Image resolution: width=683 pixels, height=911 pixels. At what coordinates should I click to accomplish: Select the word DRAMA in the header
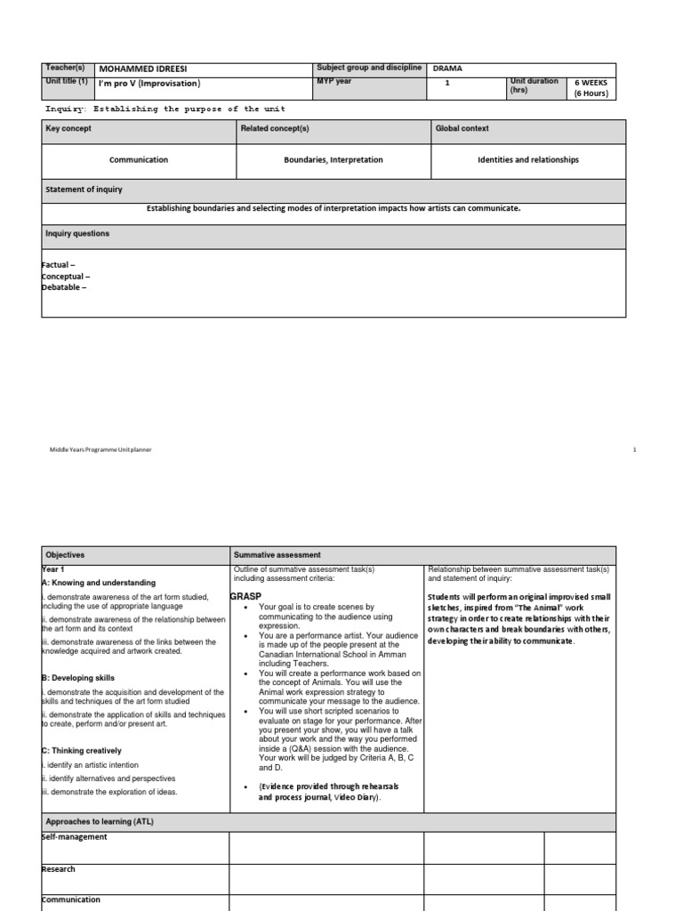click(447, 69)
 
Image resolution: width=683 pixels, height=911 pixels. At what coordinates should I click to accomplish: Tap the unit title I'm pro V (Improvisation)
click(149, 85)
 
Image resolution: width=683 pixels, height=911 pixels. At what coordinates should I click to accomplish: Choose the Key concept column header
click(68, 129)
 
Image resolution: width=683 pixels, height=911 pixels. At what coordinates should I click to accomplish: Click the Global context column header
click(462, 129)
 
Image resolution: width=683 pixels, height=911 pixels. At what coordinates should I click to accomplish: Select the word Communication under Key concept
click(138, 160)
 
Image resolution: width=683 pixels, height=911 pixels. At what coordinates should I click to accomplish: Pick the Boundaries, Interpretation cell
click(333, 160)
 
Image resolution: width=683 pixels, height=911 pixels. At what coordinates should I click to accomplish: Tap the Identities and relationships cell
click(528, 160)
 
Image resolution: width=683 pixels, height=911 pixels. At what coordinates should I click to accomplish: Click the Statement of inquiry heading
click(84, 189)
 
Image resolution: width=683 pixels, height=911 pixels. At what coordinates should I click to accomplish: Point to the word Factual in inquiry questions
click(59, 266)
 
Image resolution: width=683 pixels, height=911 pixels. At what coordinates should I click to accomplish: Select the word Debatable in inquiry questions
click(64, 286)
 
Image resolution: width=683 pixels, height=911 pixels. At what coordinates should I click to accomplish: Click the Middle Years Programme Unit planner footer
click(100, 450)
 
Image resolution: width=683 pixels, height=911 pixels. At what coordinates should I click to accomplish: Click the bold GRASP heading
click(245, 595)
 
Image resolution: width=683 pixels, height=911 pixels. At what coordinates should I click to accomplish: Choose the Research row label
click(59, 869)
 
